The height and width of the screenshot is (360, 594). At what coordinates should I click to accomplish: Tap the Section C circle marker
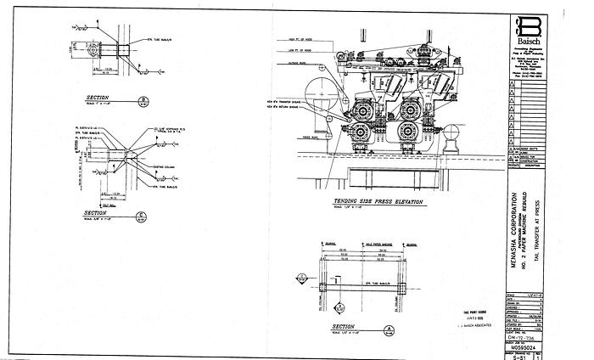(142, 214)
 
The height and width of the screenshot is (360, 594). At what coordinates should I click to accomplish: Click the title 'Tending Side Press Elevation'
(366, 202)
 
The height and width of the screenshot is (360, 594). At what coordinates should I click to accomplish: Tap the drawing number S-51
(527, 357)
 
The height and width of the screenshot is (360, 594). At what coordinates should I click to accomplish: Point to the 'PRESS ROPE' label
(300, 134)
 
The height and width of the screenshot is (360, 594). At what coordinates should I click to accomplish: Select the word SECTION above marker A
(344, 325)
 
